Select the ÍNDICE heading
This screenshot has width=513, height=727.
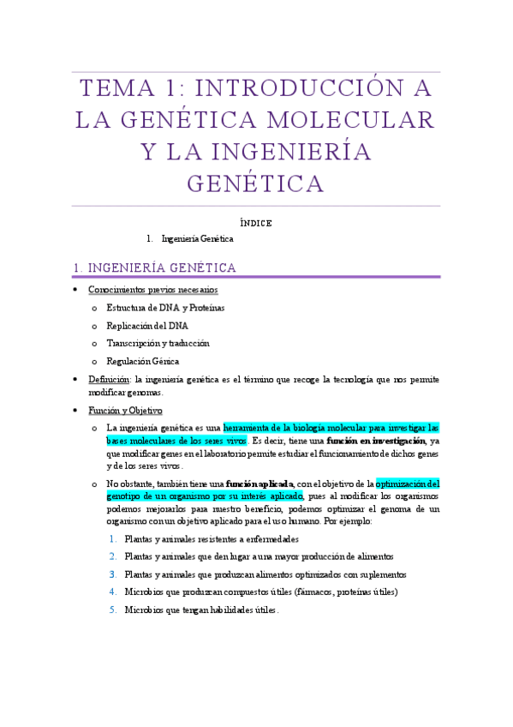(x=256, y=223)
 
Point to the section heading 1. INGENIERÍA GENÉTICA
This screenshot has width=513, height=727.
(x=157, y=268)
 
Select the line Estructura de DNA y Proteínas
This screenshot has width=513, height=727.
(x=165, y=308)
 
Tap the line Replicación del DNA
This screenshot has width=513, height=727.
(x=147, y=326)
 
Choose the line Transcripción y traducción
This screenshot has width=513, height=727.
(x=158, y=344)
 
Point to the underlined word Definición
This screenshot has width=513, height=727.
(x=109, y=379)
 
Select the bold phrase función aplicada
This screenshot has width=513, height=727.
(x=259, y=484)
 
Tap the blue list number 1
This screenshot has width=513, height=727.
(x=113, y=539)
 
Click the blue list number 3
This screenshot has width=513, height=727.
(x=113, y=574)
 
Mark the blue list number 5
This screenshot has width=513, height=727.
(x=113, y=610)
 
